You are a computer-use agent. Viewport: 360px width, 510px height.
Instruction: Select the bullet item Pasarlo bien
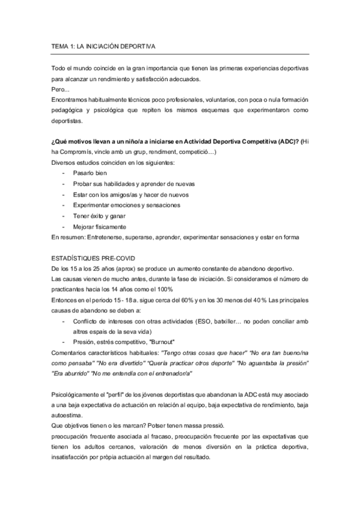coord(90,173)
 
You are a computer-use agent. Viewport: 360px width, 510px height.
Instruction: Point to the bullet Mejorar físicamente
coord(100,227)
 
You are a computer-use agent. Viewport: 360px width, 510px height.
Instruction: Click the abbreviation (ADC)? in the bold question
coord(284,141)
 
